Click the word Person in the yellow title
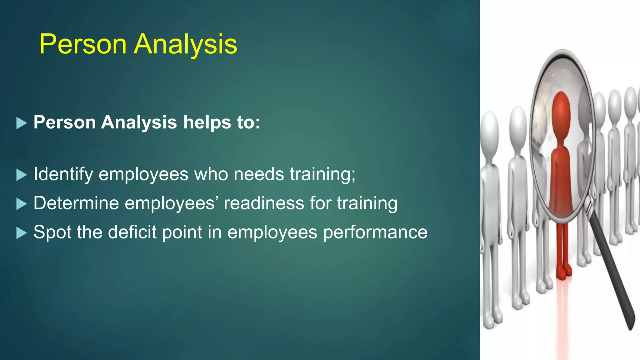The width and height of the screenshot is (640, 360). click(83, 44)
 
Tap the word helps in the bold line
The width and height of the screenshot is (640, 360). click(207, 122)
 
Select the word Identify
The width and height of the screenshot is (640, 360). click(63, 174)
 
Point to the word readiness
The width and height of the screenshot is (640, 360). click(264, 203)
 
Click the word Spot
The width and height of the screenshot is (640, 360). click(52, 232)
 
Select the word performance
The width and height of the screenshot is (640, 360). click(375, 233)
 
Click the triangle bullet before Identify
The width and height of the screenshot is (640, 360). click(21, 175)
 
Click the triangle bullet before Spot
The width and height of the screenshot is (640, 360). click(21, 233)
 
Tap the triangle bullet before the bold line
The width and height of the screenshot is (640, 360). click(21, 123)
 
